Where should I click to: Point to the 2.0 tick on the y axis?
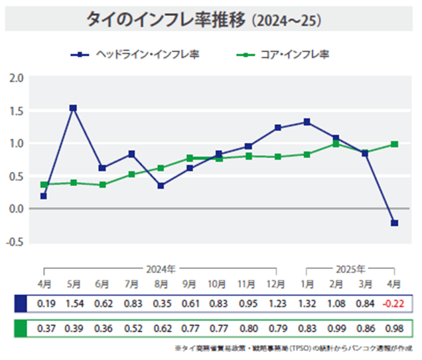click(17, 78)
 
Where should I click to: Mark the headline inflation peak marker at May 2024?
click(73, 108)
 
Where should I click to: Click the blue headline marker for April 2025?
click(394, 223)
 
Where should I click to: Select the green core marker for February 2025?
click(336, 143)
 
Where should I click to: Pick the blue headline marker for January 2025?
click(307, 122)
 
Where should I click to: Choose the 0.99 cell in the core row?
click(336, 328)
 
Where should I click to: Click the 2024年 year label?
click(161, 269)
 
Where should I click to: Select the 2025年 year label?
click(350, 269)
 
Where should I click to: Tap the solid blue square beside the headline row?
click(22, 304)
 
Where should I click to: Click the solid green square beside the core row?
click(22, 328)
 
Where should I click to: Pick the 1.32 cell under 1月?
click(307, 304)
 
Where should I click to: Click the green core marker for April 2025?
click(394, 144)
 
